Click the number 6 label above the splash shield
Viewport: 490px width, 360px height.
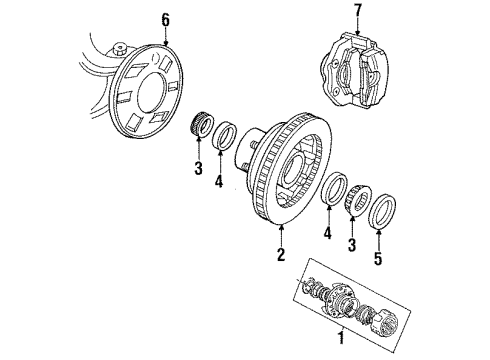(x=137, y=19)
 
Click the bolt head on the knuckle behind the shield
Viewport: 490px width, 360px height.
(x=119, y=47)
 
